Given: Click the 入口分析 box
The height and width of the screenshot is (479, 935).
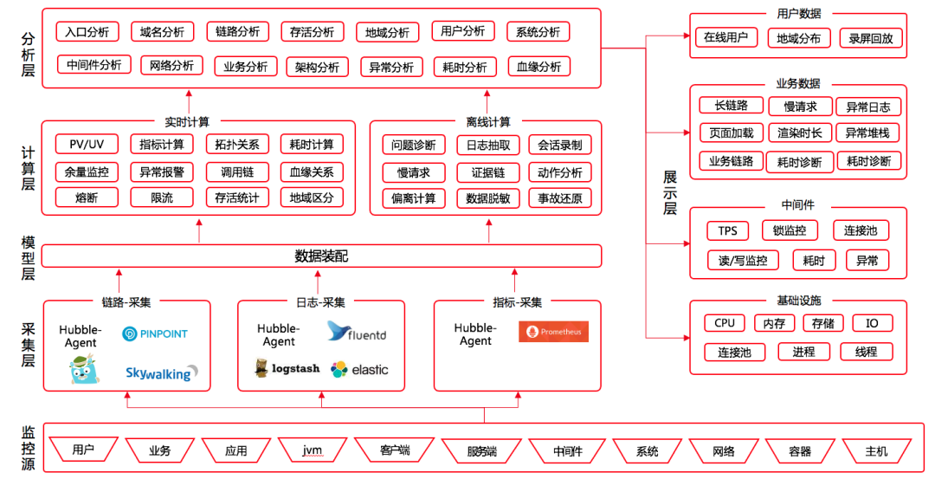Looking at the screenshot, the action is (87, 31).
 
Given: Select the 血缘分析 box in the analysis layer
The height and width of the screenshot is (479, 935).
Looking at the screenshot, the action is (539, 66).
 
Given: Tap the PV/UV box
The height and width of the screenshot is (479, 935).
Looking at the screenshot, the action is (87, 145).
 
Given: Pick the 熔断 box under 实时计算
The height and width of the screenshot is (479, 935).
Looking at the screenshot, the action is (87, 197).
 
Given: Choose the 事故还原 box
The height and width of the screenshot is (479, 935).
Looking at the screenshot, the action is (560, 198).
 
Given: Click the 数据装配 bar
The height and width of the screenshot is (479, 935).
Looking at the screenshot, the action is (321, 256).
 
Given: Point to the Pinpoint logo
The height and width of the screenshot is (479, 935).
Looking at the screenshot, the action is (154, 334).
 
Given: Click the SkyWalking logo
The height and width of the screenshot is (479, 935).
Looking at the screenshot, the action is (161, 372).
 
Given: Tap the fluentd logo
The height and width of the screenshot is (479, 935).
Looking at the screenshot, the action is (357, 332).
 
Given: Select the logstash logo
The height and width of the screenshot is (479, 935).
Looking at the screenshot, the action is (287, 368).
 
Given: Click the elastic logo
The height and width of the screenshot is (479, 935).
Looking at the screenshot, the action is (359, 369).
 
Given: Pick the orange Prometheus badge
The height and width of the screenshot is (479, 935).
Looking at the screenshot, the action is (553, 332).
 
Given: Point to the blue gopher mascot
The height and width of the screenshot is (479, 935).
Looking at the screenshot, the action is (84, 368).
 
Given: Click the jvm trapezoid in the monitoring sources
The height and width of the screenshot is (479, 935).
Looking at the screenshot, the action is (313, 450).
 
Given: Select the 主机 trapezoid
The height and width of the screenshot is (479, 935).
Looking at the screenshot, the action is (876, 451).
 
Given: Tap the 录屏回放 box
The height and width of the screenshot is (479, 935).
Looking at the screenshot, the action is (871, 38).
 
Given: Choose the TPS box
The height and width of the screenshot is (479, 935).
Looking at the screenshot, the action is (727, 231).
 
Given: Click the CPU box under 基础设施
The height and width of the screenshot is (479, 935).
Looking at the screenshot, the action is (725, 323).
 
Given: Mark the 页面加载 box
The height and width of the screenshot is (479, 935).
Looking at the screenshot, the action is (731, 133).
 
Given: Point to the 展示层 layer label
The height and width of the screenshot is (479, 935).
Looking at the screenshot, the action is (670, 192).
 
